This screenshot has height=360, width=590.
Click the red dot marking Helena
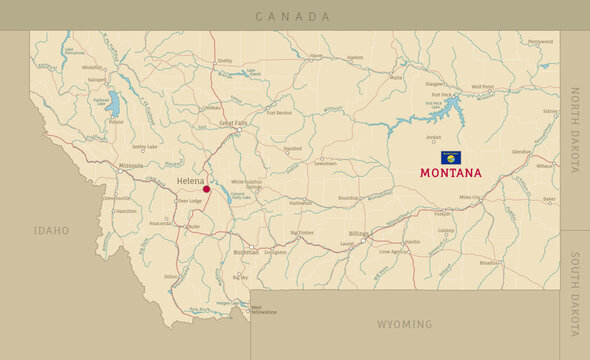tap(207, 188)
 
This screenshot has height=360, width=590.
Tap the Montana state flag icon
tap(451, 158)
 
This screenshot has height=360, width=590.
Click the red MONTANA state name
tap(450, 173)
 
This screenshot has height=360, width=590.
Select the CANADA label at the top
tap(292, 16)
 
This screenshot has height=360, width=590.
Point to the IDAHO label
tap(51, 231)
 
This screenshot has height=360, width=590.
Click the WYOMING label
tap(404, 324)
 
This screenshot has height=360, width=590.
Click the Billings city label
tap(359, 234)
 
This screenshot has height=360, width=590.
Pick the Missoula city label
tap(130, 165)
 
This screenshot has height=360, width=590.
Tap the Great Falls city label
tap(233, 123)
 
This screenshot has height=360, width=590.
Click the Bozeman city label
tap(246, 252)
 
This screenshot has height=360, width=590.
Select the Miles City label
tap(470, 198)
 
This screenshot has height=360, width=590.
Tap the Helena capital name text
tap(189, 180)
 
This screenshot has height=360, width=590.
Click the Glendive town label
tap(521, 152)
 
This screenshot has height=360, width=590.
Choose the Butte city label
tap(194, 227)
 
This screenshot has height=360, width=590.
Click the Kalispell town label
tap(96, 79)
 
